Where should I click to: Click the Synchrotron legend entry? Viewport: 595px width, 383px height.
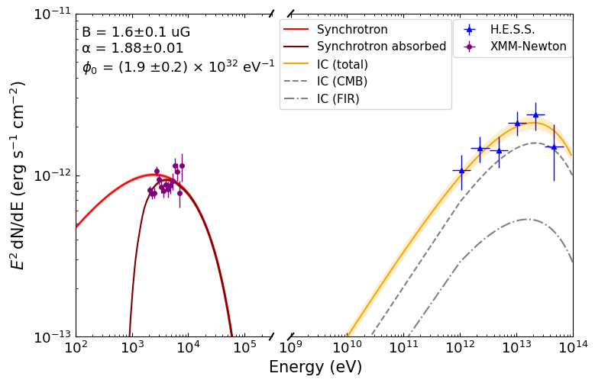point(352,30)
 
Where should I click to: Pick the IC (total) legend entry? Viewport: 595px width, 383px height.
point(342,64)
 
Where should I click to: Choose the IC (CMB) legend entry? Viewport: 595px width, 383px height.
point(342,81)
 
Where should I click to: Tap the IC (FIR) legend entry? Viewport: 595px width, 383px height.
point(340,98)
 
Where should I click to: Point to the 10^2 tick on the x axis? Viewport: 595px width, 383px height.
point(76,349)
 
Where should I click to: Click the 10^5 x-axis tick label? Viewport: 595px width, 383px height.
point(244,349)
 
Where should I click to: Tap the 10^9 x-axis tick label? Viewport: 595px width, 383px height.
point(290,349)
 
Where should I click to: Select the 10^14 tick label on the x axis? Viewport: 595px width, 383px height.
point(573,349)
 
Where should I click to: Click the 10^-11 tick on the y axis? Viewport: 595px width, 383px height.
point(50,14)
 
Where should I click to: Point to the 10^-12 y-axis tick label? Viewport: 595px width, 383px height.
point(50,175)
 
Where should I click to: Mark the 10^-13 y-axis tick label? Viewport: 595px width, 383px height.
point(50,336)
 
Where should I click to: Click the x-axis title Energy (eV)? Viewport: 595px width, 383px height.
point(315,368)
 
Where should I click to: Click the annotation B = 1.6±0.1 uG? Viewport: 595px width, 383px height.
point(136,32)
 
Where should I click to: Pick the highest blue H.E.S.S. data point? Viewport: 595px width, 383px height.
point(535,115)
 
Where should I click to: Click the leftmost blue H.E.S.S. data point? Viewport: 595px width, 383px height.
point(461,171)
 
